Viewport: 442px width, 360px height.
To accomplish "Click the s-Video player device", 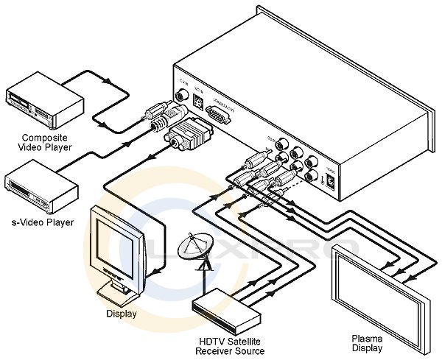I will (41, 188).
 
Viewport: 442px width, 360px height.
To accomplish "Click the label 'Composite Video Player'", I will (46, 142).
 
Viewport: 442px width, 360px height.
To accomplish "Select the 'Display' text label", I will (122, 314).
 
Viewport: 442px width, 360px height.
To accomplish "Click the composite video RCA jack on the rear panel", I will (181, 94).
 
